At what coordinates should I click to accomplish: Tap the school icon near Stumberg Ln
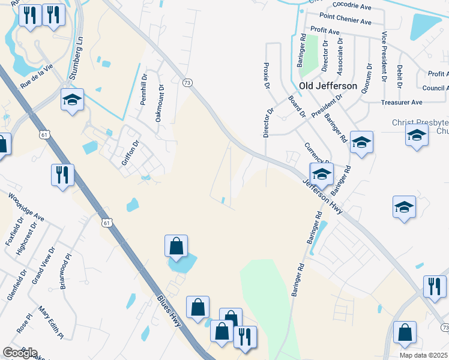(x=72, y=100)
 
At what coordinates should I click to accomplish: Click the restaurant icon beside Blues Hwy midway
(x=62, y=175)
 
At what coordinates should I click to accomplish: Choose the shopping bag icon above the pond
(x=176, y=246)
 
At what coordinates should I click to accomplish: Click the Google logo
(x=20, y=353)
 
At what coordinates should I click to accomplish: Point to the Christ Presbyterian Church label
(x=420, y=126)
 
